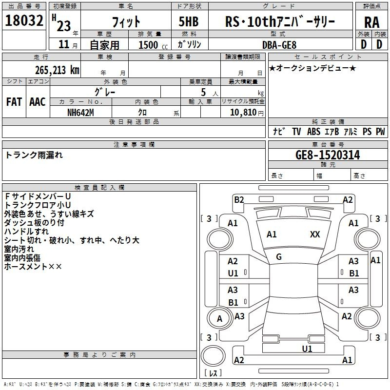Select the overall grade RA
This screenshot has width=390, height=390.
point(371,22)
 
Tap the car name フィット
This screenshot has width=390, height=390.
point(126,22)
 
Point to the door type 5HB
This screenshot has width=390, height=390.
point(189,22)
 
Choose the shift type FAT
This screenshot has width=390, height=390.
point(14,102)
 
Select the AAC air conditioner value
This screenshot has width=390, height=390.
point(38,102)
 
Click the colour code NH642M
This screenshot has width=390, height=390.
point(81,113)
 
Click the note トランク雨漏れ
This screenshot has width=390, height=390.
point(34,155)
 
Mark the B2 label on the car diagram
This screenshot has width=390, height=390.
point(239,199)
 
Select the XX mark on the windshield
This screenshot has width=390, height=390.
point(315,234)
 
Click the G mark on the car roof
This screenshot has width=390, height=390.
point(279,257)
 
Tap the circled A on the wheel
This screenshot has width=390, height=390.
point(219,319)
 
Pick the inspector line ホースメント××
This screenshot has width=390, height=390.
point(33,267)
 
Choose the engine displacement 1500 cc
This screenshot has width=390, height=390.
point(150,45)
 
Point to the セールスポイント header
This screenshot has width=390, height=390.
point(310,57)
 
